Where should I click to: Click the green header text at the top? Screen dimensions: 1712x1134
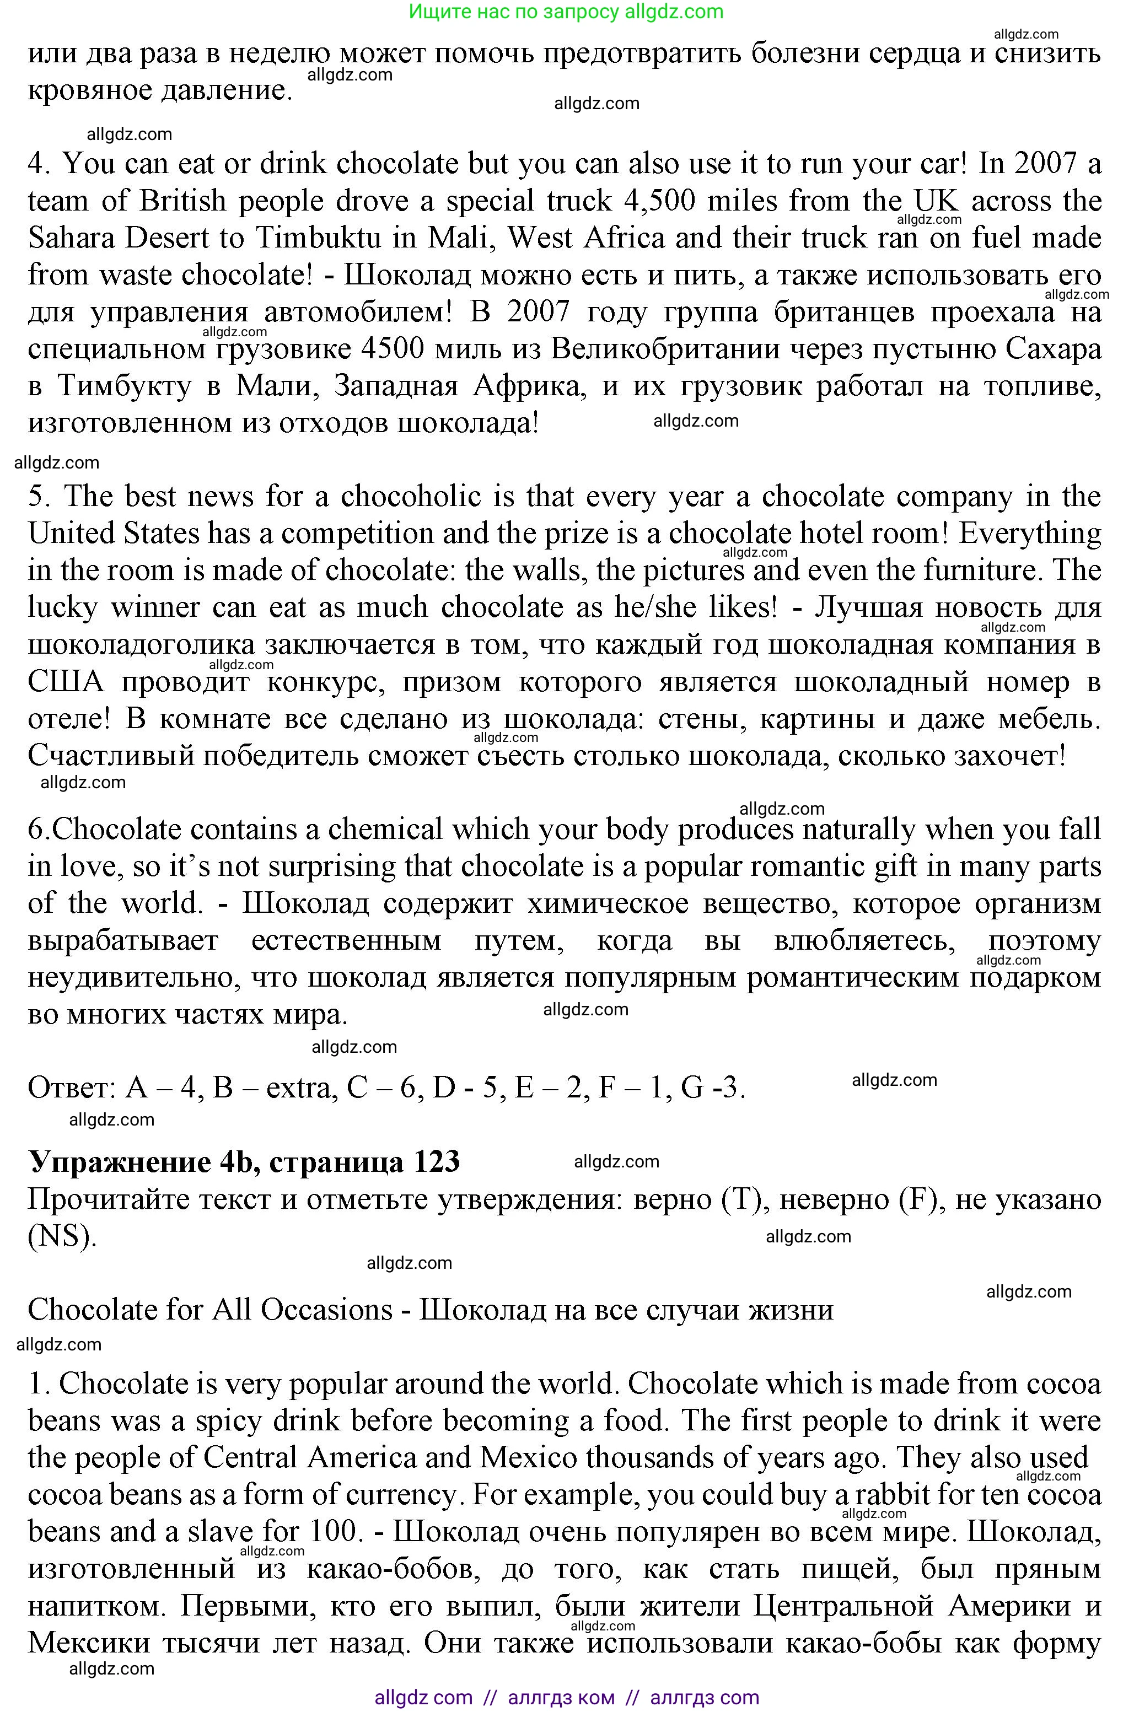[566, 12]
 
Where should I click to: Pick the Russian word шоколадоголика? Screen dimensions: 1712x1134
[141, 645]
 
